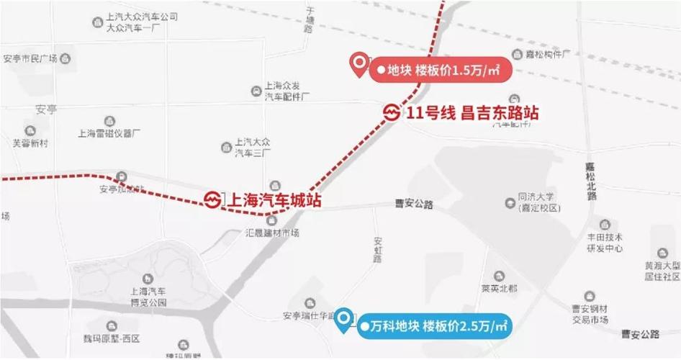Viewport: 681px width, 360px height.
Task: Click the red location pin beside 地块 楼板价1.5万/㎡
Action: [358, 64]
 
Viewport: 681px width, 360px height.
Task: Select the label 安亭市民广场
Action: [31, 59]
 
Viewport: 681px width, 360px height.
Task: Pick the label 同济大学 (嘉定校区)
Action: [538, 202]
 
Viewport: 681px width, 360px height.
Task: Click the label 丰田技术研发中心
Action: [604, 243]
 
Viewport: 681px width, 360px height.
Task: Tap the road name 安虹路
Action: [376, 249]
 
